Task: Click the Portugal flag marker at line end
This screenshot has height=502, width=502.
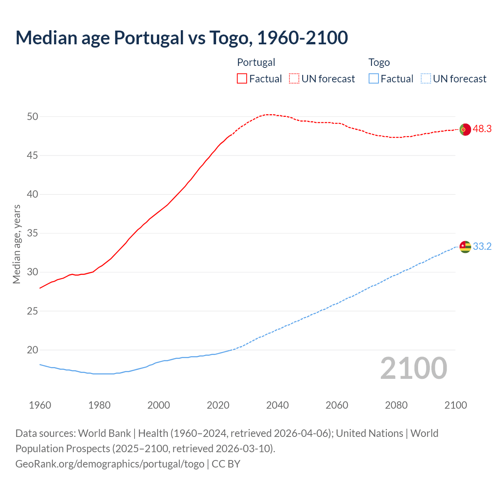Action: click(465, 129)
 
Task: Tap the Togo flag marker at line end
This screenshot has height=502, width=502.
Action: click(465, 247)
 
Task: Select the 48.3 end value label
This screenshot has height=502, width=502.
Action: click(482, 129)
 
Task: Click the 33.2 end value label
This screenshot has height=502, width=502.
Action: click(482, 247)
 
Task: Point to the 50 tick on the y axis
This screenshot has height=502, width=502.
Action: click(33, 116)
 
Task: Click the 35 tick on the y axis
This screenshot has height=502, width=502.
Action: click(33, 233)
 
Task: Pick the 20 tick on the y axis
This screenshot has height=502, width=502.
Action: click(33, 350)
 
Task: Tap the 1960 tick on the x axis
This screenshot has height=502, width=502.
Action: click(40, 405)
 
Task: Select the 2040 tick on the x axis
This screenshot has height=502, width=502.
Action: click(277, 405)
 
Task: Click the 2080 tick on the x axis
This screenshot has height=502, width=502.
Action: click(396, 405)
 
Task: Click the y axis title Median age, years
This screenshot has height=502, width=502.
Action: click(16, 244)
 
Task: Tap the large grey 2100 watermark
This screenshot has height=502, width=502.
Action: click(413, 368)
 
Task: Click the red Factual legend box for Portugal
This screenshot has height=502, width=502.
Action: click(242, 79)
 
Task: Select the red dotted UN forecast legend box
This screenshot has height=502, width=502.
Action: click(294, 79)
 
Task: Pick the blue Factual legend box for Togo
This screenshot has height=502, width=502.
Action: click(374, 79)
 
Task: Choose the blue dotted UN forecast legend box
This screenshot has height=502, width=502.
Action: click(426, 79)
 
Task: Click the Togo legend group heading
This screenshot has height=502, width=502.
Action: click(379, 62)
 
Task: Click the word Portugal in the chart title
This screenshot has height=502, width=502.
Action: click(149, 38)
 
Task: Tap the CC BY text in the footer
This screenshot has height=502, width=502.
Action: click(226, 464)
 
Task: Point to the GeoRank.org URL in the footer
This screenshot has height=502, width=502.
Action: click(110, 464)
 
